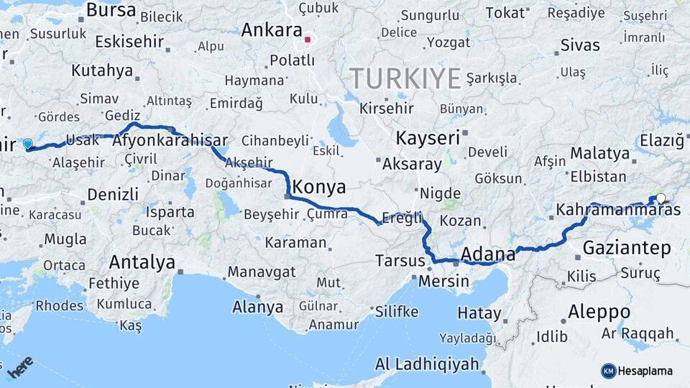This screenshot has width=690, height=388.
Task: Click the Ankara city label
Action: point(271,30)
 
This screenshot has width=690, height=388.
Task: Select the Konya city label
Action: point(318,188)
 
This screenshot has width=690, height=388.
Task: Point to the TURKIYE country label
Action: point(405,78)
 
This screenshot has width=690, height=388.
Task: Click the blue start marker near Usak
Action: point(28,144)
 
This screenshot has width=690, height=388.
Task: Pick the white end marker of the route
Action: point(661,198)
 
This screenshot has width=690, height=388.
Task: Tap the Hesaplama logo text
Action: point(645,371)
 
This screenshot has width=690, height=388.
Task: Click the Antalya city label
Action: point(142,262)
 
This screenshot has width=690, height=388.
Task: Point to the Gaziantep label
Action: point(627,248)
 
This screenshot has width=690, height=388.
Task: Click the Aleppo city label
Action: point(599,312)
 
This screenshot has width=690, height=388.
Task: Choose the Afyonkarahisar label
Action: point(170,141)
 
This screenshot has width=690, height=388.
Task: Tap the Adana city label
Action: point(488,254)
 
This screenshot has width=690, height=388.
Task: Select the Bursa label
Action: point(111,10)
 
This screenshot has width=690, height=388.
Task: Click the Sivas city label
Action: point(579,45)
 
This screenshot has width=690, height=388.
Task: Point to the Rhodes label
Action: point(59,305)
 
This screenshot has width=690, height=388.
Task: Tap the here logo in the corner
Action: point(20,366)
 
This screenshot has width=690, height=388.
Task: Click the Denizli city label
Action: point(113,194)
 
